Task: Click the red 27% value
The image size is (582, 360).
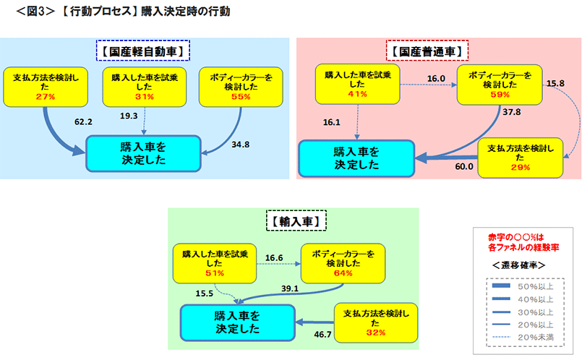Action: pos(45,95)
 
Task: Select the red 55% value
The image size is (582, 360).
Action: pos(241,95)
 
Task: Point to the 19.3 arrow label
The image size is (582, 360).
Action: pos(129,115)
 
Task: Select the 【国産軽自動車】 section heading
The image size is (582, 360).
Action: pos(142,51)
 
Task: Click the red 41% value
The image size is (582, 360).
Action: pos(357,94)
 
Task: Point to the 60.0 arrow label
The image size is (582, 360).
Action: pos(463,166)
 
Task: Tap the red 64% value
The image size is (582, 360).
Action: pos(343,273)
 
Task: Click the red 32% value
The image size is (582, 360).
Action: pos(375,333)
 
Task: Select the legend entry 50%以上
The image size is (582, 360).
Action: pos(535,287)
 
